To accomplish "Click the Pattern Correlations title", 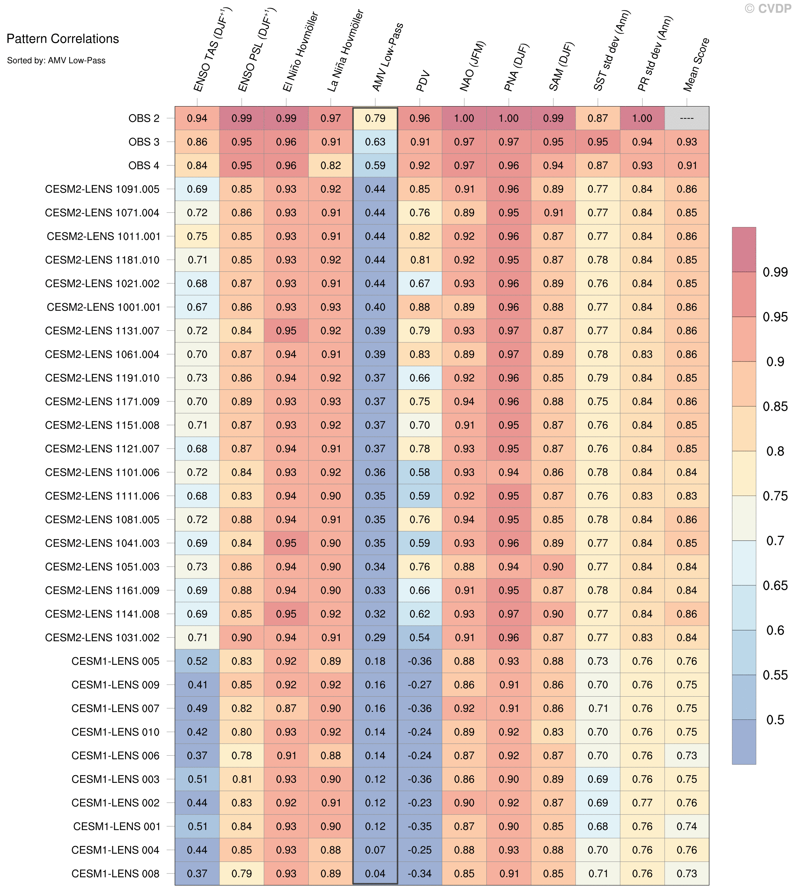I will tap(62, 39).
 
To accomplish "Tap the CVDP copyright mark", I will tap(768, 8).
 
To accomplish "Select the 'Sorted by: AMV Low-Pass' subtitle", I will tap(57, 60).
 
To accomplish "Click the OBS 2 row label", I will tap(144, 118).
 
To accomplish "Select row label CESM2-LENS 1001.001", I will tap(103, 307).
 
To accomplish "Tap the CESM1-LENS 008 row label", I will tap(115, 873).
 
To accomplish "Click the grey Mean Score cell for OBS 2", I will tap(687, 118).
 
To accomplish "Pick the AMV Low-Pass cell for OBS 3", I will tap(375, 142).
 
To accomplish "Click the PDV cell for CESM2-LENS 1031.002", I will tap(420, 638).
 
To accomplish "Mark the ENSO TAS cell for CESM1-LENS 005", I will tap(197, 661).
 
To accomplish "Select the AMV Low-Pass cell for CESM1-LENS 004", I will tap(375, 850).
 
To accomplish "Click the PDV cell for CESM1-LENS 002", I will tap(420, 802).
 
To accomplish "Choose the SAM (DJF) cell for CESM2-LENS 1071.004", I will tap(553, 213).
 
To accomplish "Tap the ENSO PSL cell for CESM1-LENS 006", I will tap(242, 755).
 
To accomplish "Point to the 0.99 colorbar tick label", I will tap(775, 272).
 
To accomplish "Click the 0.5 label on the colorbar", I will tap(775, 719).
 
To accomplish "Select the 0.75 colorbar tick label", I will tap(775, 496).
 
